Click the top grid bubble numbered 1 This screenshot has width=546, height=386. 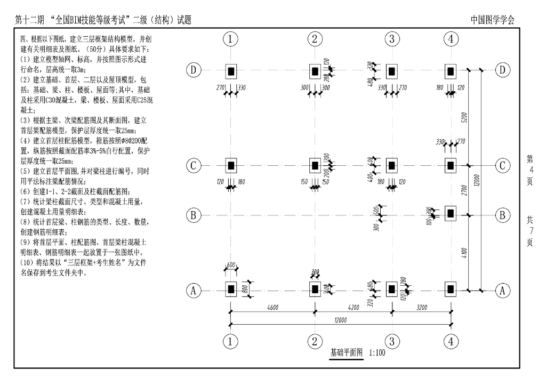[x=230, y=39]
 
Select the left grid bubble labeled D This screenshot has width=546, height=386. [x=194, y=70]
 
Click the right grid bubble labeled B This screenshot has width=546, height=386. [x=503, y=215]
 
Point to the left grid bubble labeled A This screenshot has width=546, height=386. [x=194, y=291]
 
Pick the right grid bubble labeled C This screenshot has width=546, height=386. [x=503, y=166]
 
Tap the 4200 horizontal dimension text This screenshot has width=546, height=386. [x=353, y=307]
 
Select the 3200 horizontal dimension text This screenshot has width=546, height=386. [x=422, y=307]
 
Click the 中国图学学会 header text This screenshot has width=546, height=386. [x=493, y=20]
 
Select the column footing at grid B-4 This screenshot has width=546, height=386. [x=451, y=214]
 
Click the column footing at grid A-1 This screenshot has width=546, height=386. [x=230, y=290]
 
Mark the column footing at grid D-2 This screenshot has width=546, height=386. [x=315, y=70]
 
